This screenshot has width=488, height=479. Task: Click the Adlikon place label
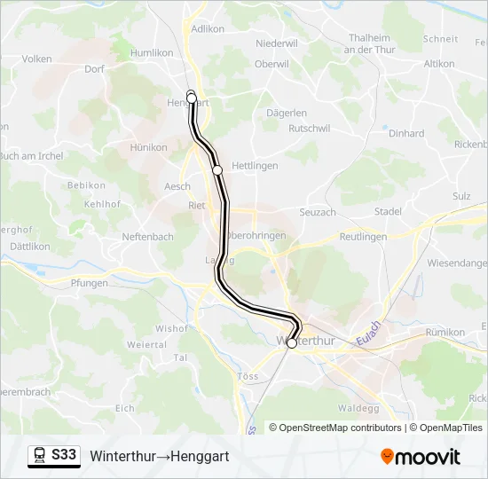click(208, 28)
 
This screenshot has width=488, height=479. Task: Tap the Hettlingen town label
click(255, 166)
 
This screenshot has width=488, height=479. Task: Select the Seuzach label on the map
click(317, 213)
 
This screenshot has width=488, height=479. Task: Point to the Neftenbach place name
click(148, 237)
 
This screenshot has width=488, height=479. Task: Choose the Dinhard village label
click(406, 133)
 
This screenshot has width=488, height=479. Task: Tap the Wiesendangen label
click(458, 263)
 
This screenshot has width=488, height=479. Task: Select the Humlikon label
click(152, 52)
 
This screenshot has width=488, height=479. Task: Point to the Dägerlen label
click(287, 113)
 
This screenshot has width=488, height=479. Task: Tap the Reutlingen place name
click(363, 237)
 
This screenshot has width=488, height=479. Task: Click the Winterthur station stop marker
click(292, 343)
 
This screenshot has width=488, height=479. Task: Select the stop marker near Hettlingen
click(217, 169)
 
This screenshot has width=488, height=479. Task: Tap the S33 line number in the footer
click(64, 456)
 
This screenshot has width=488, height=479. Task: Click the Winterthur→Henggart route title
click(159, 456)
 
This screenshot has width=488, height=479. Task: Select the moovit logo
click(421, 457)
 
